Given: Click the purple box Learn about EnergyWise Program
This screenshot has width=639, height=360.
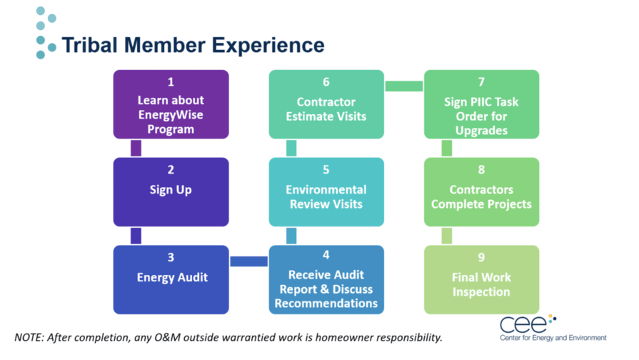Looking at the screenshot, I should click(x=171, y=104).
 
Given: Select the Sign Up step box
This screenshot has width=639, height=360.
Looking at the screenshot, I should click(x=171, y=191).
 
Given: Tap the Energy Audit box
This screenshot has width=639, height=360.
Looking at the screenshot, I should click(x=171, y=279).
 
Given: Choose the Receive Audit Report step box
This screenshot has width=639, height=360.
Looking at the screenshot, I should click(x=326, y=279).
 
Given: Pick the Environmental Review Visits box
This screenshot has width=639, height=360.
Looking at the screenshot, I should click(x=326, y=191).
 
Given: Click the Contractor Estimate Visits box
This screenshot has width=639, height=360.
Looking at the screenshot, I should click(x=326, y=104).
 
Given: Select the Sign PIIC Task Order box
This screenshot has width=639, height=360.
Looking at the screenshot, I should click(x=481, y=104).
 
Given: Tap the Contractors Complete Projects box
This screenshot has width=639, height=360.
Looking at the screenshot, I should click(x=481, y=191).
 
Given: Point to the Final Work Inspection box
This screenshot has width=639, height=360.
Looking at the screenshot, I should click(x=481, y=279).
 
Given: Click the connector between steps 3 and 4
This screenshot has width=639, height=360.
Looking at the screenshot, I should click(x=248, y=261).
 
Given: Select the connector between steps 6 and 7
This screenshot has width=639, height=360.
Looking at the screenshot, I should click(x=404, y=86).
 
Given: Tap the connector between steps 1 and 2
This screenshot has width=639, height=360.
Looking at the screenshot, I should click(x=136, y=148).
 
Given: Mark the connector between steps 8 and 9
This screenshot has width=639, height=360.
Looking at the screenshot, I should click(x=447, y=236).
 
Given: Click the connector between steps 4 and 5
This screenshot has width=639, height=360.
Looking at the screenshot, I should click(x=291, y=236).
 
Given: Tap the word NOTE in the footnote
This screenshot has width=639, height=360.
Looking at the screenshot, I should click(x=30, y=336).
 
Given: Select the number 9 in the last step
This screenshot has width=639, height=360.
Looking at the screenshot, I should click(x=481, y=258).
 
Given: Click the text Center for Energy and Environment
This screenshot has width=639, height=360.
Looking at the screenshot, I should click(x=553, y=338).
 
